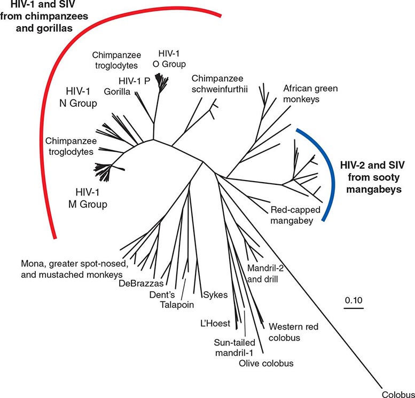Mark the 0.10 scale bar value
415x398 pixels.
353,300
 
